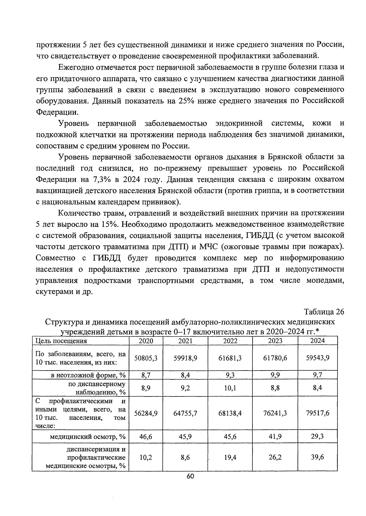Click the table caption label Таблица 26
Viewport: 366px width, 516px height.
coord(324,312)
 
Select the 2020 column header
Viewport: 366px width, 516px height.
coord(146,341)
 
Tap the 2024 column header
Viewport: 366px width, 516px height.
coord(317,341)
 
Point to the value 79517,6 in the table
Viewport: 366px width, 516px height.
coord(318,413)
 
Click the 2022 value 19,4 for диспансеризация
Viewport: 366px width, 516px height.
coord(230,457)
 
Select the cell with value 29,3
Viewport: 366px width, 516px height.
coord(317,437)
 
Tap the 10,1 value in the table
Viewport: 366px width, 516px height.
coord(230,388)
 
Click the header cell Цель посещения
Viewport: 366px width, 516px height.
coord(61,341)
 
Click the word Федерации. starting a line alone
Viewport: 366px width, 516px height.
coord(57,112)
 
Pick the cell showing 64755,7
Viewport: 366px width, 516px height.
coord(185,413)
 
